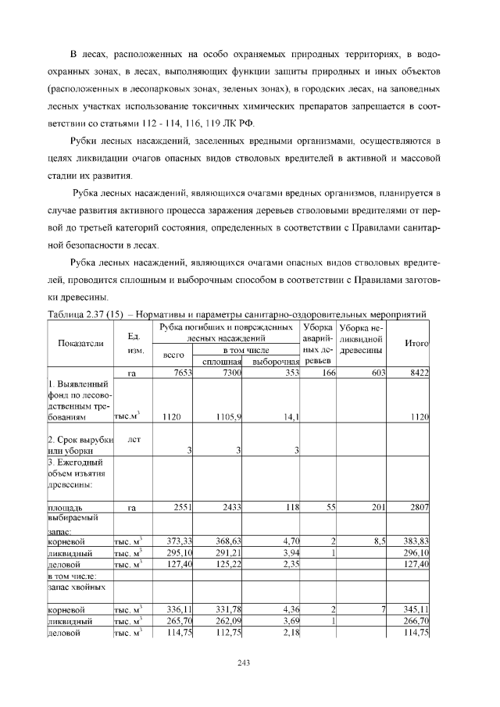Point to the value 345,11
pos(414,609)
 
